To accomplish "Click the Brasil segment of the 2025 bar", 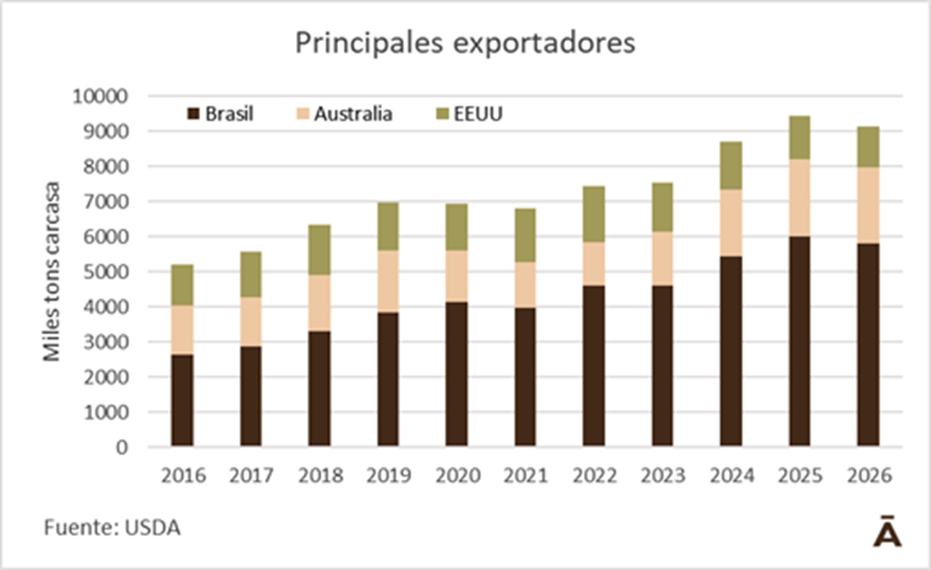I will pos(800,341).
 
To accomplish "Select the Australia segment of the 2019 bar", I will pos(388,281).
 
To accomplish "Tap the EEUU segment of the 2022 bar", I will pos(594,213).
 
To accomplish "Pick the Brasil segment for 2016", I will pos(182,400).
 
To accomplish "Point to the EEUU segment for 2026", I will pos(868,146).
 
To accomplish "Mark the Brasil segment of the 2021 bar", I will pos(525,376).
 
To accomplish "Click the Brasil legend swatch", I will pos(194,115).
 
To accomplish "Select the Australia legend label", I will pos(353,115).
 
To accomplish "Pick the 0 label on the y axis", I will pos(121,447).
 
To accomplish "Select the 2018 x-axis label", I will pos(319,475).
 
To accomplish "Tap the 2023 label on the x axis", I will pos(662,475).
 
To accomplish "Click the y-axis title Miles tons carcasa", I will pos(52,271).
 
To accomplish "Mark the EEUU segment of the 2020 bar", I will pos(457,227).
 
